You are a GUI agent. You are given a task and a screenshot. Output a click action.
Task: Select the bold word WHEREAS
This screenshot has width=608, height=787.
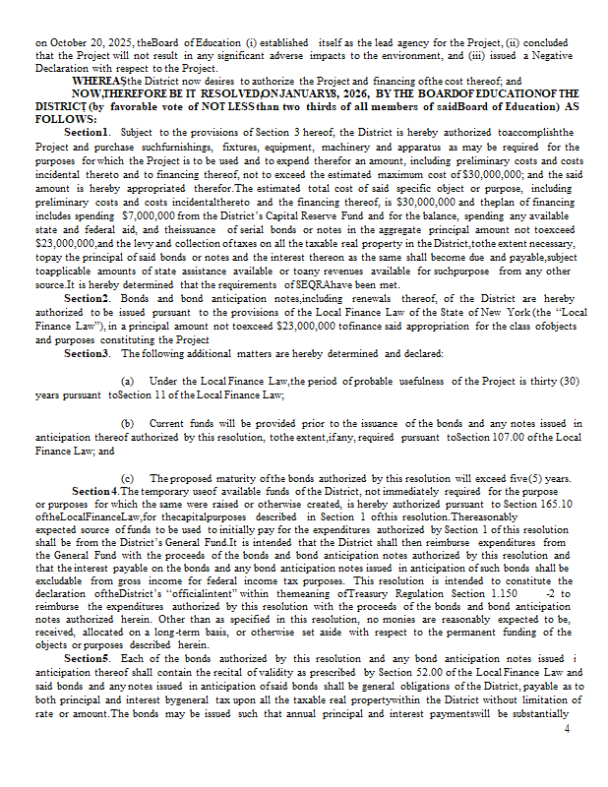[x=96, y=81]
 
